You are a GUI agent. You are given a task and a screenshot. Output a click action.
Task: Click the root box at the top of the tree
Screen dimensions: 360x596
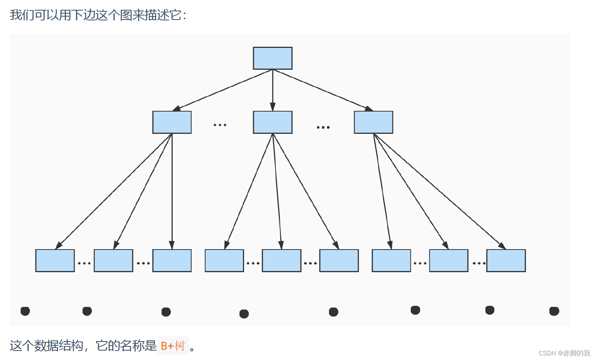click(x=272, y=58)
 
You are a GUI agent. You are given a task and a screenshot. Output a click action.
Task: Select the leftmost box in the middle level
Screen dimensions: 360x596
click(x=172, y=122)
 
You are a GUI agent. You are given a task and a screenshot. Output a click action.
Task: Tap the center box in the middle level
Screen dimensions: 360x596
click(x=272, y=122)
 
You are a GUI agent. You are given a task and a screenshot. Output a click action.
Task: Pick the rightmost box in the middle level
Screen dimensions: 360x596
click(x=373, y=122)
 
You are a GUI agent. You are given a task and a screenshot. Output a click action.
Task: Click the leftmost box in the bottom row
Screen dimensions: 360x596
click(x=55, y=260)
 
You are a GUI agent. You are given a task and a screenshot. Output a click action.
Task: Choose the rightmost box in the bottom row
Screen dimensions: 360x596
click(x=506, y=260)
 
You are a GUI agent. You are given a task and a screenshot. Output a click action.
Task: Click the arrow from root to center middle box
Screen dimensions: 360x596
click(x=272, y=90)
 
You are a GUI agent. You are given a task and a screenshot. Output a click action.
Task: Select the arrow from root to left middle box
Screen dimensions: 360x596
click(x=223, y=90)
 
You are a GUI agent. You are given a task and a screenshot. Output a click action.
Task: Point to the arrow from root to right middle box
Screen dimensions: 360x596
click(x=323, y=90)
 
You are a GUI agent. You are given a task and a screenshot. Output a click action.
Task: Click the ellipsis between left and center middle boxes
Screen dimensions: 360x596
click(x=220, y=125)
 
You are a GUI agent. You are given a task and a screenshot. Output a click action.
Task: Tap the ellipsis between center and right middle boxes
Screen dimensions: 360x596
click(x=323, y=127)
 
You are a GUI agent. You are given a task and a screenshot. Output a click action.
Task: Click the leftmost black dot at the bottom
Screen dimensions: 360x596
click(x=25, y=311)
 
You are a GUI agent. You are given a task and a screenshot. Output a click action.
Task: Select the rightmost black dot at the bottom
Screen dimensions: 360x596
click(x=554, y=311)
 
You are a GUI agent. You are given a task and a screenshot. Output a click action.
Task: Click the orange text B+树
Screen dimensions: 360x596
click(x=173, y=346)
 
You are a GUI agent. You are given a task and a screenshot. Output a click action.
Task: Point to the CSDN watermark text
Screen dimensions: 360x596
click(x=564, y=353)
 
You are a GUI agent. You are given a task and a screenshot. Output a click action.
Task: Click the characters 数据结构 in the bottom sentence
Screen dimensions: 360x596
click(x=58, y=346)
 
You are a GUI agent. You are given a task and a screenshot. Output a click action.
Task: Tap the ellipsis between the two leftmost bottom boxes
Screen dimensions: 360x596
click(x=84, y=263)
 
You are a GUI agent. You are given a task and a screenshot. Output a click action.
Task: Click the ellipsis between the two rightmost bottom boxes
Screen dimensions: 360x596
click(x=479, y=263)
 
